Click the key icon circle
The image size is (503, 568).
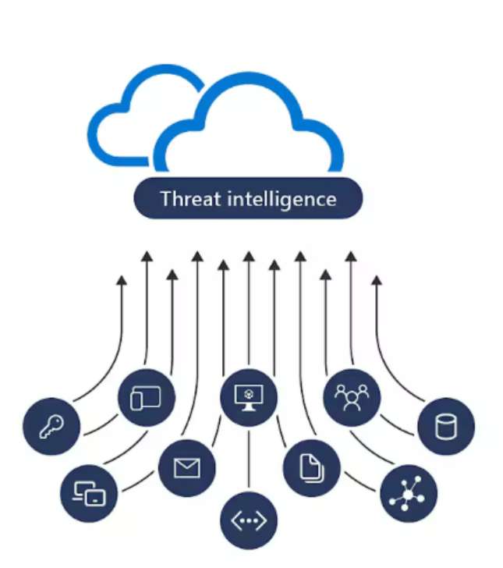(x=51, y=426)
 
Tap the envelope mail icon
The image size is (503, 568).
(x=186, y=467)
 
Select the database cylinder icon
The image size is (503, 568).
(x=445, y=426)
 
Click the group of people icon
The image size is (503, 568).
(x=351, y=396)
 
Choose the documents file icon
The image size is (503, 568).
(x=311, y=467)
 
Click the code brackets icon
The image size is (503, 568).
(x=249, y=521)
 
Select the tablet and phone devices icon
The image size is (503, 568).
(x=146, y=397)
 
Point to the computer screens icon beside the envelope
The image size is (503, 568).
(x=88, y=492)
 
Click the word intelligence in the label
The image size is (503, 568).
(x=282, y=199)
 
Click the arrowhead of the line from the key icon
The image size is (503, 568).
(x=121, y=280)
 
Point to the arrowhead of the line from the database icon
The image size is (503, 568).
(x=377, y=280)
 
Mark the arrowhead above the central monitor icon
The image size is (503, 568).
(x=249, y=255)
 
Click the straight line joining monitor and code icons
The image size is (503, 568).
(x=249, y=460)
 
